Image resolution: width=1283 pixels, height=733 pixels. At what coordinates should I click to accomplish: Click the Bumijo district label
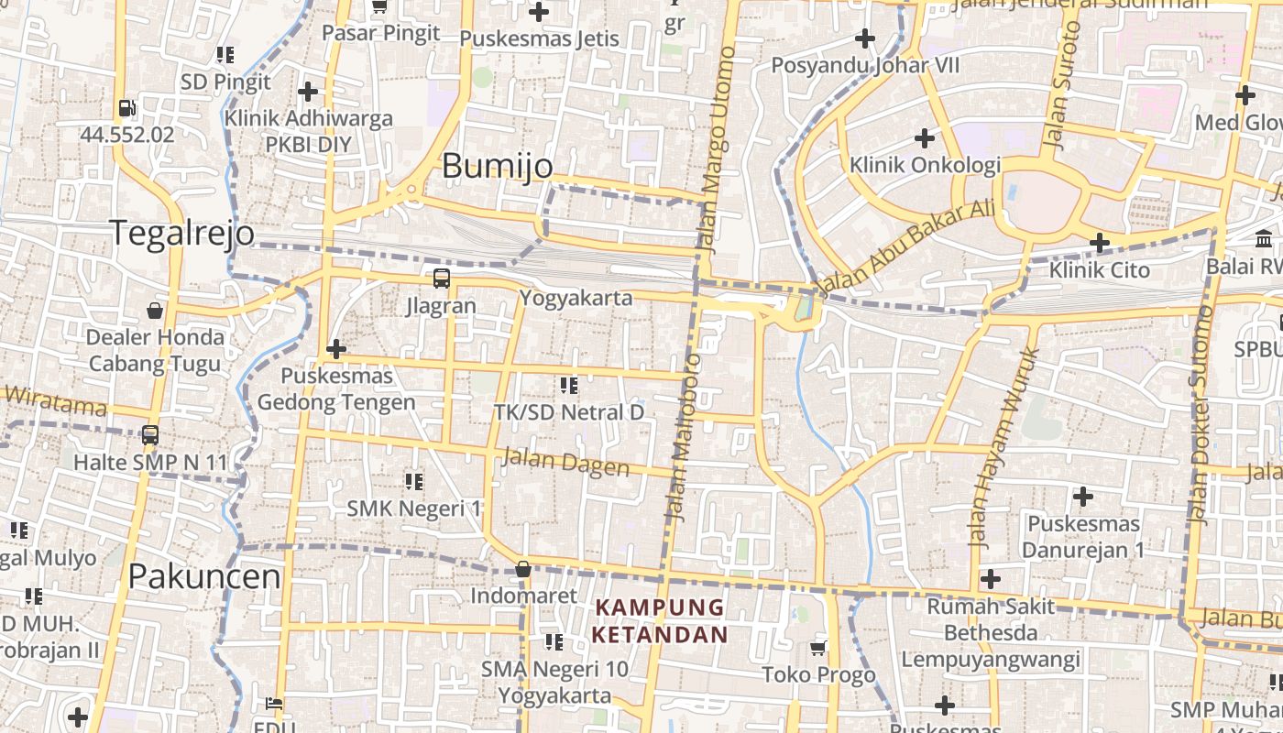[x=498, y=166]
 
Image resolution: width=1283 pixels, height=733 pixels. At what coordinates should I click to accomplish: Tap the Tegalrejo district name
[x=182, y=233]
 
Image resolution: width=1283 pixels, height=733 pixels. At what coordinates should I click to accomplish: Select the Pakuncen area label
[x=204, y=576]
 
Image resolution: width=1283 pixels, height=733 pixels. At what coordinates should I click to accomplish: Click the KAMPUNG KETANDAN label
[x=660, y=620]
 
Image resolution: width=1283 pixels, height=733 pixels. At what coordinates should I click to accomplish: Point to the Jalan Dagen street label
[x=565, y=462]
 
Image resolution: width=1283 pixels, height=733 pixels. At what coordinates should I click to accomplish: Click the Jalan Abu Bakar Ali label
[x=905, y=246]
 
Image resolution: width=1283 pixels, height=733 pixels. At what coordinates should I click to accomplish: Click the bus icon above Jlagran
[x=442, y=278]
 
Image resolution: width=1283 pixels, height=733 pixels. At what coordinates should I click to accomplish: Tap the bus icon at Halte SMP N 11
[x=150, y=435]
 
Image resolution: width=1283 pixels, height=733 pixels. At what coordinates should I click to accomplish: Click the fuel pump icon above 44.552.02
[x=127, y=108]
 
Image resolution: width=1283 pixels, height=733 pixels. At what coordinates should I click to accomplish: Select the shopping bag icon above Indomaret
[x=523, y=569]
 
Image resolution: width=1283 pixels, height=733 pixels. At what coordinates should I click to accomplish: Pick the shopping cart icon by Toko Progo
[x=818, y=648]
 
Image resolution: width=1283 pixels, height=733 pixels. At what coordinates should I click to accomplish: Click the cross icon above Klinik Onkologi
[x=925, y=138]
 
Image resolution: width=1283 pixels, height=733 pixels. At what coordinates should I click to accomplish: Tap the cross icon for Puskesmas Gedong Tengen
[x=336, y=349]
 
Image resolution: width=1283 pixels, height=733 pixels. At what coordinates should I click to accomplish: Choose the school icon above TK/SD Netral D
[x=568, y=386]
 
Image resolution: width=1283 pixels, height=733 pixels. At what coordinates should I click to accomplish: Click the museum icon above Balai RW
[x=1264, y=239]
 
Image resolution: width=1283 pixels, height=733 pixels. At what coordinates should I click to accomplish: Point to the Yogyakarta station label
[x=576, y=298]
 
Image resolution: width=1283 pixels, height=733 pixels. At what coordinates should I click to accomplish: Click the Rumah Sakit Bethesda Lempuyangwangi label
[x=991, y=632]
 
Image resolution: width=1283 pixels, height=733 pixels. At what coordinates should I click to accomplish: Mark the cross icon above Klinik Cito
[x=1099, y=243]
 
